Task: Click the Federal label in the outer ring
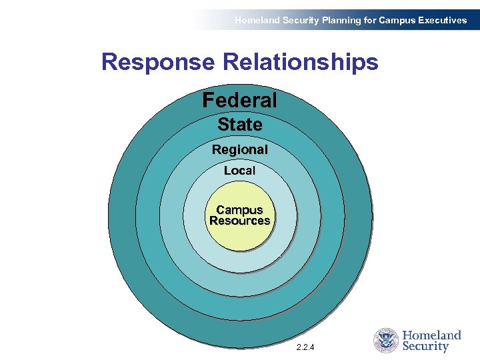(239, 101)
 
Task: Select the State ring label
(239, 125)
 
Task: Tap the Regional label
(239, 150)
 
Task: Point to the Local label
(239, 171)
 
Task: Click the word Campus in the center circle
(239, 210)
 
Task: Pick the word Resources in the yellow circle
(239, 221)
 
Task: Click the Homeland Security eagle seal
(385, 340)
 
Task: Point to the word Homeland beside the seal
(432, 335)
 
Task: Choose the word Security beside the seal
(425, 347)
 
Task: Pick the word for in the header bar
(370, 20)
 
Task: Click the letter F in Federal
(208, 101)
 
